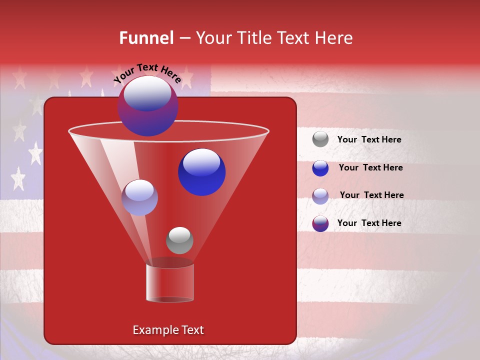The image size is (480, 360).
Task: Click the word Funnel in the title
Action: coord(146,38)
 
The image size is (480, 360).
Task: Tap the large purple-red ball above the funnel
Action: coord(147,106)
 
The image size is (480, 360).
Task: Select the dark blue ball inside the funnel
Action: coord(201,172)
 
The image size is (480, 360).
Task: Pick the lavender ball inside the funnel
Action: coord(139,197)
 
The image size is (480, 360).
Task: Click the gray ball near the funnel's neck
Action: coord(179,240)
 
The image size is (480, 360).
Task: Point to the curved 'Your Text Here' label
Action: coord(147,73)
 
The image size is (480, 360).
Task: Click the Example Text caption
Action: coord(168,330)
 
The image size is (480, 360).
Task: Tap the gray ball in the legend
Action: coord(320,139)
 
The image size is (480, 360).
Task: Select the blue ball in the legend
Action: coord(320,168)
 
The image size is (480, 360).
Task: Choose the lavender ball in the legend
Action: coord(320,196)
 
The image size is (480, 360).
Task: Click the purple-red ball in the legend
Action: coord(320,223)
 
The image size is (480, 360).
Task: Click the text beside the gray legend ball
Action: coord(369,139)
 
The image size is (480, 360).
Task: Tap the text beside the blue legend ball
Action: coord(370,167)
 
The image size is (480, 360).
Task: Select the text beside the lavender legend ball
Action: coord(371,195)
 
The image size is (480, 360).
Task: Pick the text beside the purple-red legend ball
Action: coord(369,223)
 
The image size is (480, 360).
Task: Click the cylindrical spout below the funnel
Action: coord(170,282)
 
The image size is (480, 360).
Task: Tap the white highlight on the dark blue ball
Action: coord(201,162)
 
